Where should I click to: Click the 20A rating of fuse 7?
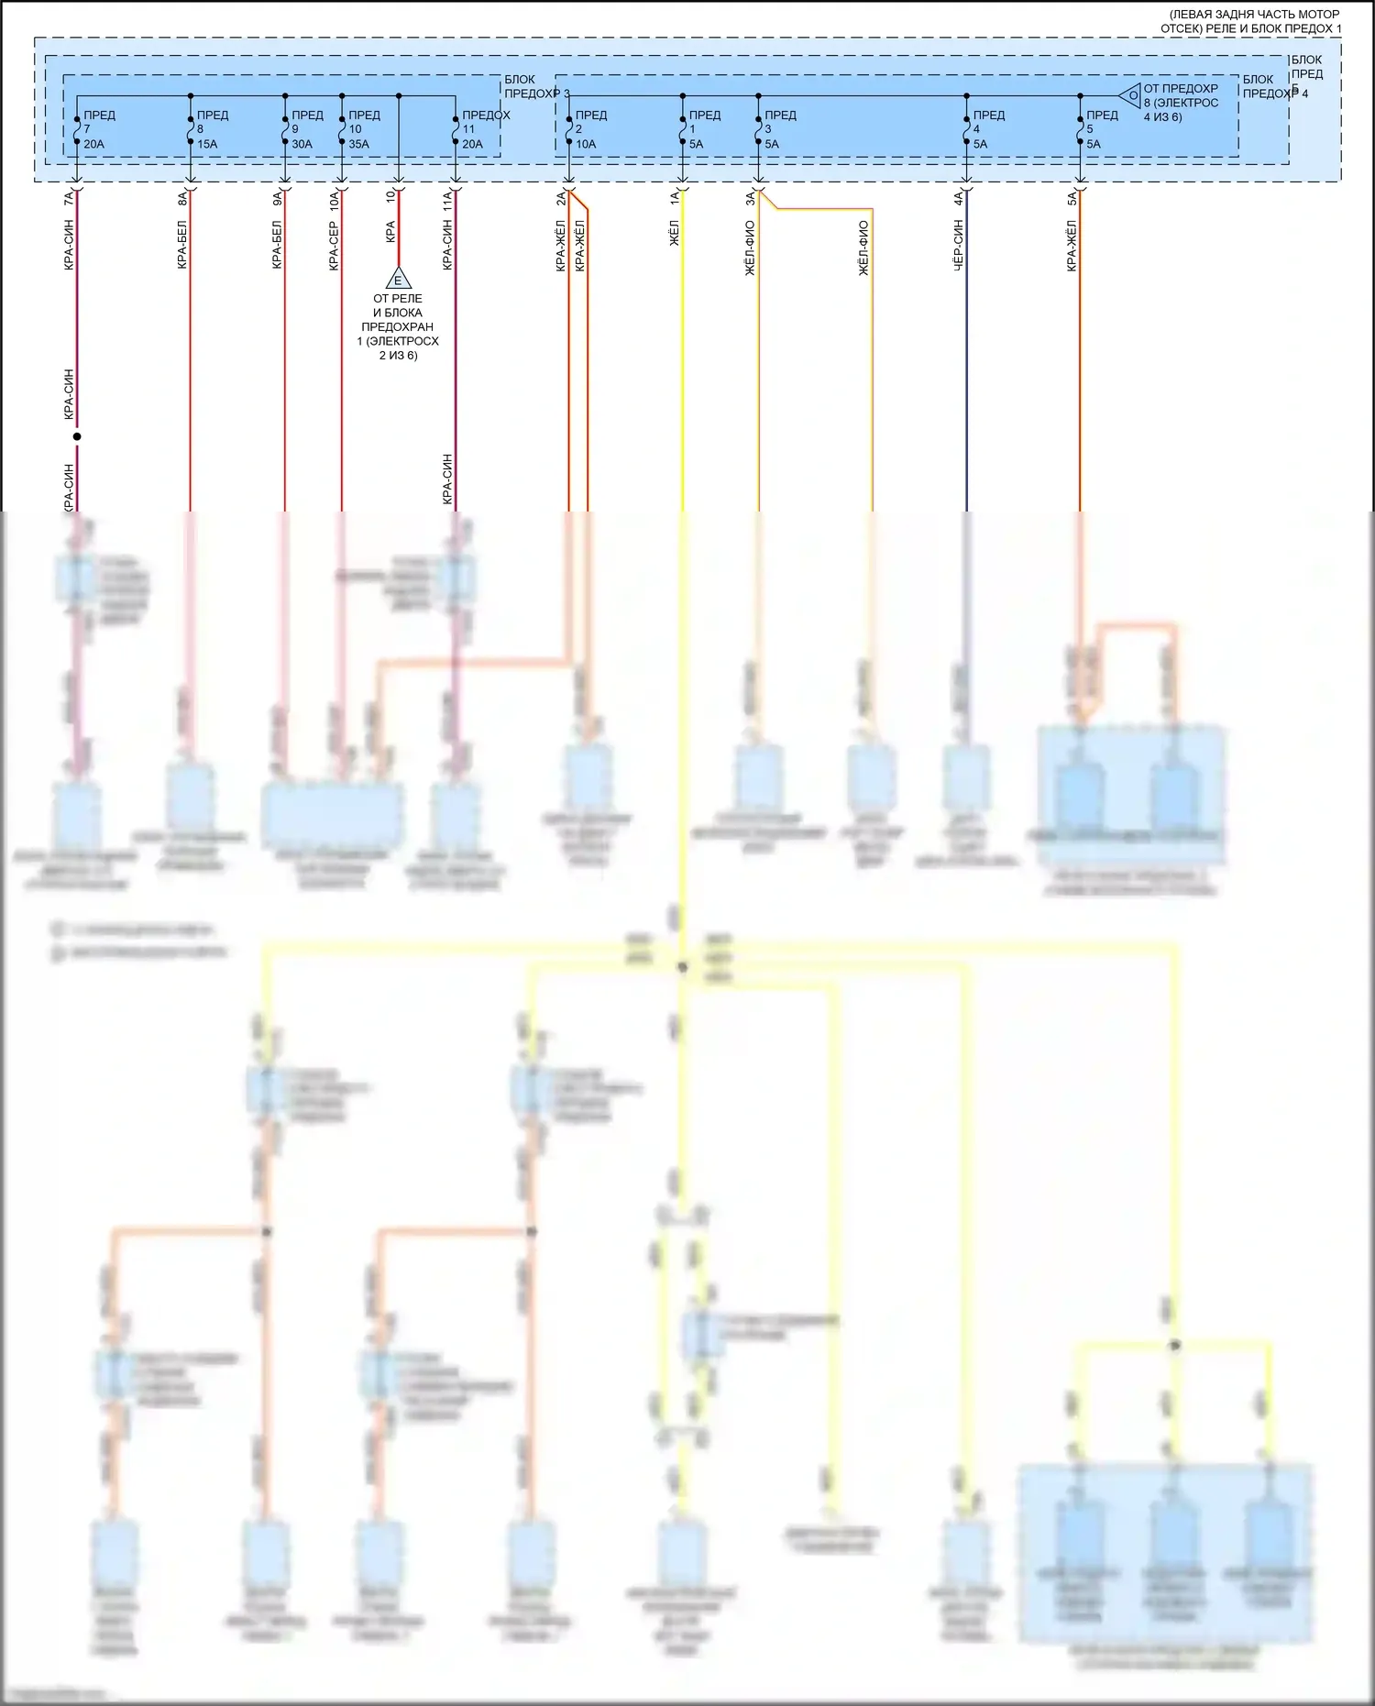(93, 144)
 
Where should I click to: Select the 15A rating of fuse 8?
(207, 144)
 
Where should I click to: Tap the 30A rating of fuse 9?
(302, 144)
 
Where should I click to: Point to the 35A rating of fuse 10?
(358, 144)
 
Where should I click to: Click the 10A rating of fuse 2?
(585, 144)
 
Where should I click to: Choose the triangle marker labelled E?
(398, 279)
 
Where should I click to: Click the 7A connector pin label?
(70, 197)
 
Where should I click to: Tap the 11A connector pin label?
(447, 201)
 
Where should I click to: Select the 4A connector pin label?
(959, 197)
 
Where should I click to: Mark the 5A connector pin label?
(1072, 197)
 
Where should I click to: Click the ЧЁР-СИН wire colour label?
(959, 245)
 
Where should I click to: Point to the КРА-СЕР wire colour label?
(334, 246)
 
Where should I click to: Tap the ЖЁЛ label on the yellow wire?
(675, 234)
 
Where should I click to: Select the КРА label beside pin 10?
(390, 231)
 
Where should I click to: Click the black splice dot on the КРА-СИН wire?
(77, 436)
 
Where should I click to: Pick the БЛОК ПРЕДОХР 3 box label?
(535, 86)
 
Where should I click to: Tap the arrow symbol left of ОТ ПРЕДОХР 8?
(1129, 95)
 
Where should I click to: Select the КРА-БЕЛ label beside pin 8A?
(182, 244)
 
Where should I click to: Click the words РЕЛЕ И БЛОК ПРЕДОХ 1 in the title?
(1250, 28)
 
